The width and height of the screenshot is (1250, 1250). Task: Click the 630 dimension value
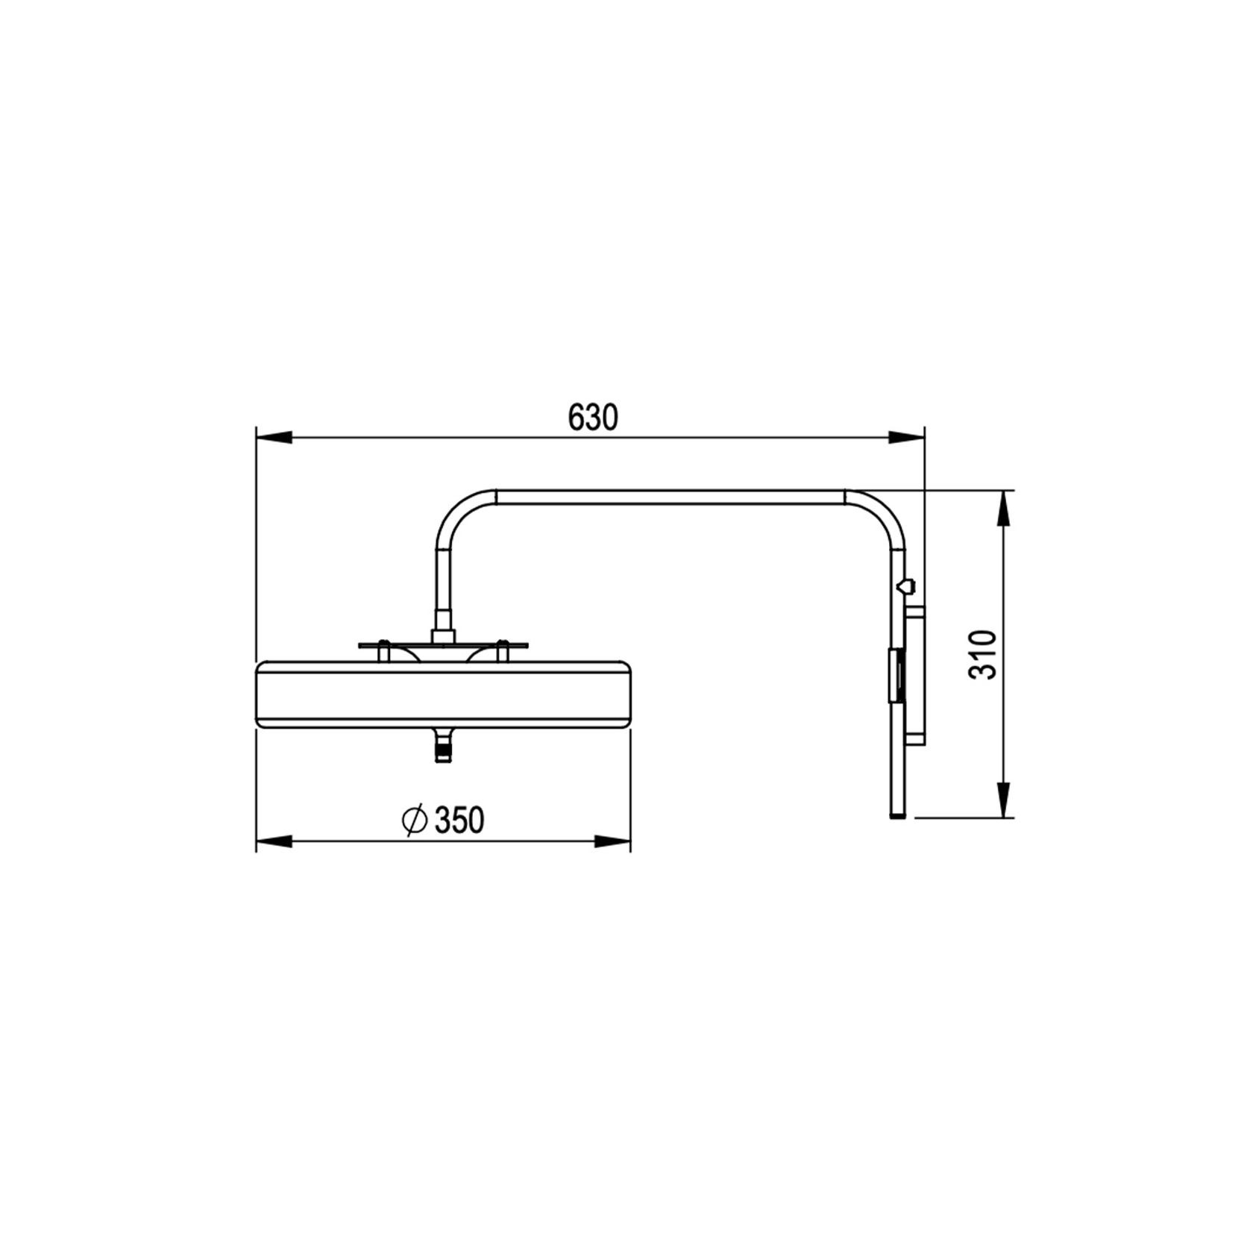coord(593,418)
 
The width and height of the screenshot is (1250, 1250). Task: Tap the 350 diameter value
coord(459,820)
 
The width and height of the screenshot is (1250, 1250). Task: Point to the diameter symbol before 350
coord(413,820)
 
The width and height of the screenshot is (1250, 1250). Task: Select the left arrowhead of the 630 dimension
coord(273,438)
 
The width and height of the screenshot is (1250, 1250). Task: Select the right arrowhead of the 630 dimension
coord(906,438)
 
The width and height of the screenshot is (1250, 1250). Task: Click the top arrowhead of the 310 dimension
coord(1005,508)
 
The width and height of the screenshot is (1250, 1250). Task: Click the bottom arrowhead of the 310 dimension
coord(1005,800)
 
